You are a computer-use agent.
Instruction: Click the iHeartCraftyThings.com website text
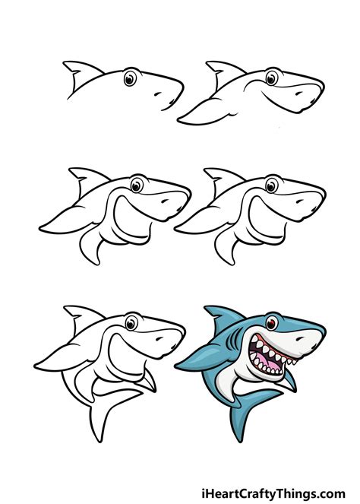click(280, 490)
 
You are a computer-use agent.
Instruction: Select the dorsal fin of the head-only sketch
click(77, 71)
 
